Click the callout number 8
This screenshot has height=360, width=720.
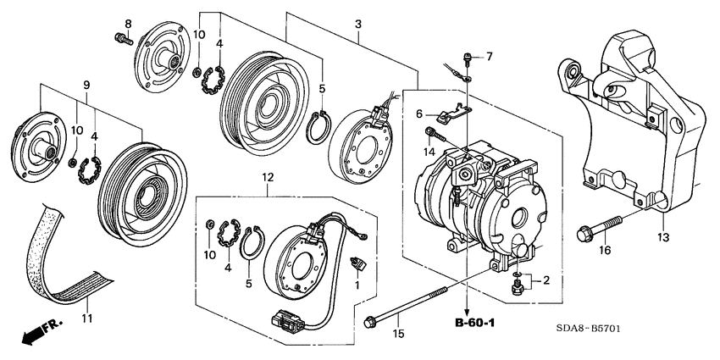coord(129,23)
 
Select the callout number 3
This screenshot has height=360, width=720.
coord(358,23)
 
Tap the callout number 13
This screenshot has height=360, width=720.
coord(662,238)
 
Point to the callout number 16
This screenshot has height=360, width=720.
coord(606,252)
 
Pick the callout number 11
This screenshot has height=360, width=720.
coord(85,318)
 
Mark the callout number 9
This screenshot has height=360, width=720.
coord(86,85)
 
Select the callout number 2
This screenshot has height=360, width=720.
coord(546,280)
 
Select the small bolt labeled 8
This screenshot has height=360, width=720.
coord(121,37)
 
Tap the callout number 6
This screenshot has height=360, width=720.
coord(418,113)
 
